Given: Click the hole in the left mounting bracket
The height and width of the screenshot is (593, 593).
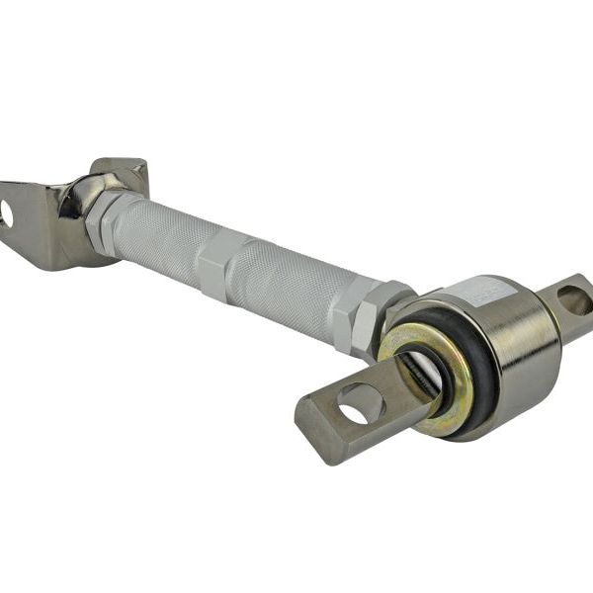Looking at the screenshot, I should click(7, 213).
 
